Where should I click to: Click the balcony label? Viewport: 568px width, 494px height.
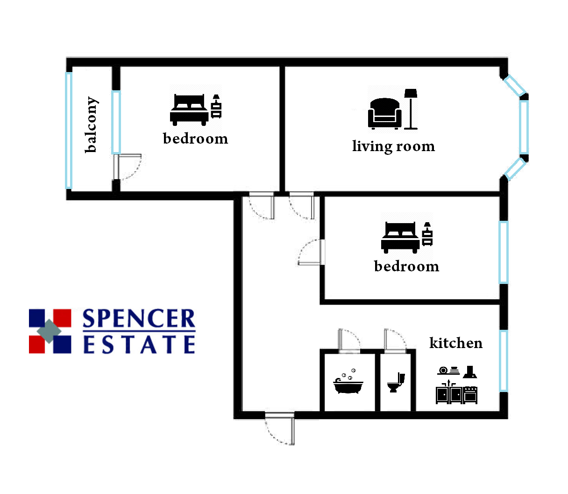91,124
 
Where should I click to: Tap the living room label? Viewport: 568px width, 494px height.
393,146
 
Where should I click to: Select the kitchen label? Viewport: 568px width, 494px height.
455,343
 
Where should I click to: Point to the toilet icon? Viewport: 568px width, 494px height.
396,383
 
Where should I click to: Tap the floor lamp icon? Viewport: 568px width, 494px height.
411,109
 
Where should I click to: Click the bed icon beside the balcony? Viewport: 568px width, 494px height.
189,110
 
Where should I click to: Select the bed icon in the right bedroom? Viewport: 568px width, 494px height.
400,238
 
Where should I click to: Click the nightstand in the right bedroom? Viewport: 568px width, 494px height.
427,234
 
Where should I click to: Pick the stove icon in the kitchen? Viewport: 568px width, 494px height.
470,394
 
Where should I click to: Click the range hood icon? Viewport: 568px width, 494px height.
470,372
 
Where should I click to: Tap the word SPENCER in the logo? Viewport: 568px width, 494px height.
139,318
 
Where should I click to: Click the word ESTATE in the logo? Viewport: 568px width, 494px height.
139,344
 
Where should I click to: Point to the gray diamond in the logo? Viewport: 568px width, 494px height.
49,331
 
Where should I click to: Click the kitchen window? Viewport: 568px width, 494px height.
504,361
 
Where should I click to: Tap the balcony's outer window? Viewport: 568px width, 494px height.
69,131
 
